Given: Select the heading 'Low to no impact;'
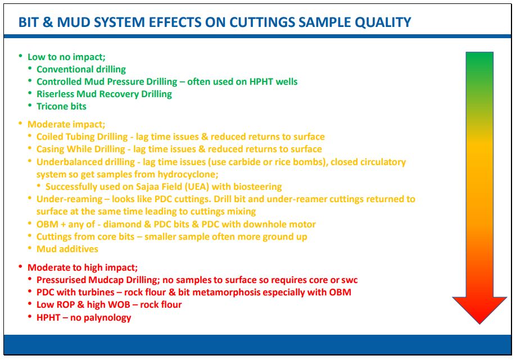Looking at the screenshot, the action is [66, 57].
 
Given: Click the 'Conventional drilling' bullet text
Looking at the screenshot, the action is [82, 70].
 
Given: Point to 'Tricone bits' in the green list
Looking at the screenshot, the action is [61, 106].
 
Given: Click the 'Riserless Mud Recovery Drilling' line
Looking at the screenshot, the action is [105, 94].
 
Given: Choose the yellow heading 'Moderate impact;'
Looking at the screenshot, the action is [66, 124].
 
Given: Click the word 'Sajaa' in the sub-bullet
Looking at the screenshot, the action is [147, 187].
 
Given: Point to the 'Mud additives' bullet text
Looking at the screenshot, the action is [67, 249].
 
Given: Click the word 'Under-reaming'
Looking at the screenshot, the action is [70, 199].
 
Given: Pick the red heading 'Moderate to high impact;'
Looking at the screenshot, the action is [83, 268].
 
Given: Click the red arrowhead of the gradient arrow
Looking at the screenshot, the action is [479, 309].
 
